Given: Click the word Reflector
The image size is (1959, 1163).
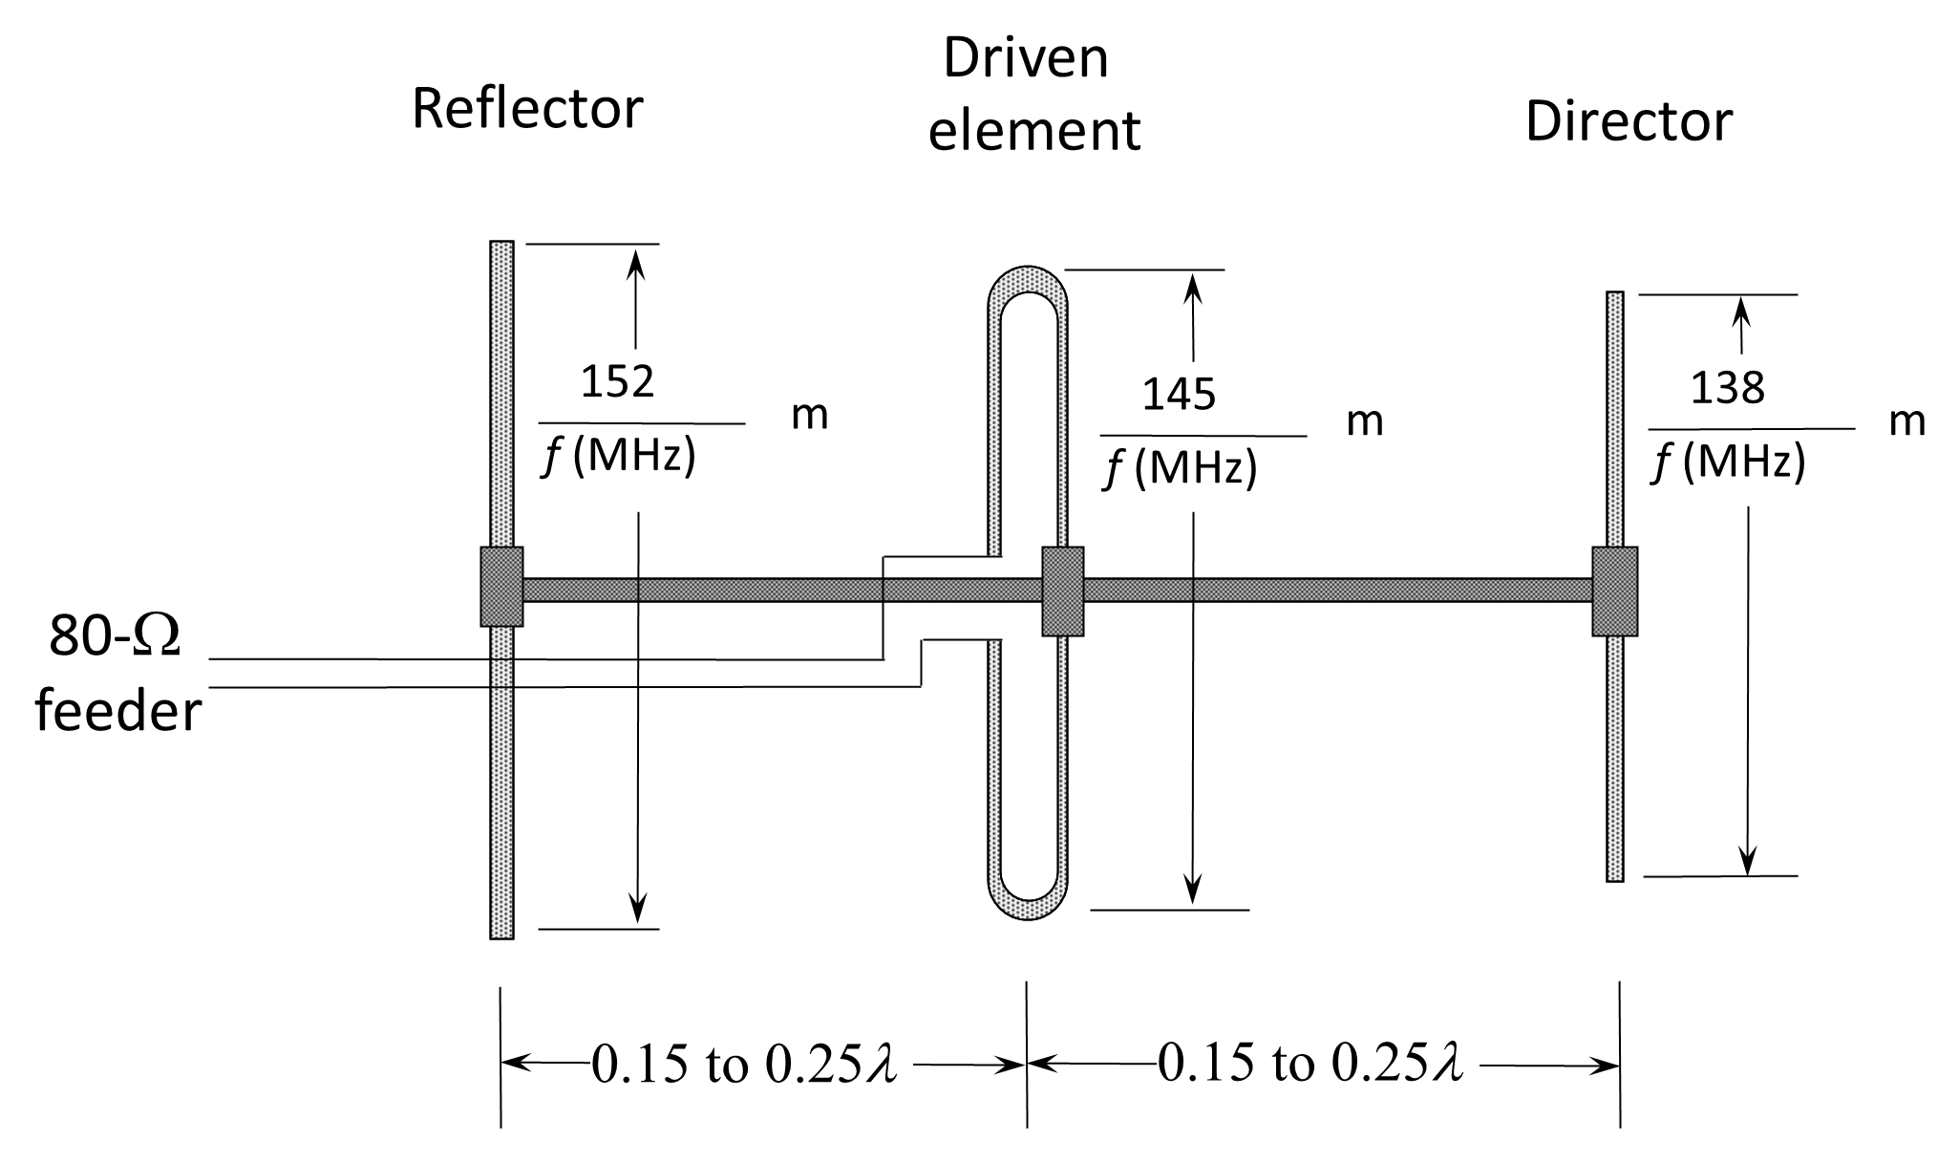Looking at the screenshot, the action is click(x=527, y=109).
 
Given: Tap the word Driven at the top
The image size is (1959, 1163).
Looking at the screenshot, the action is click(x=1026, y=58).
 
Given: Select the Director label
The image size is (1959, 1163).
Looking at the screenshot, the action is click(x=1629, y=121).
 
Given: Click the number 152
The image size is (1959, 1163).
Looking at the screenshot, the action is click(x=617, y=381).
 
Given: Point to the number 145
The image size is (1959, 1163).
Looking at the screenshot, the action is click(x=1179, y=394).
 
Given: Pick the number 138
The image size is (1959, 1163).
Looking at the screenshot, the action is click(x=1728, y=387).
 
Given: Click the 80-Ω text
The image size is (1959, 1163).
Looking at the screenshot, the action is click(x=115, y=636).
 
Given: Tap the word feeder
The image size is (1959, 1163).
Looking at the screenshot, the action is click(x=118, y=712).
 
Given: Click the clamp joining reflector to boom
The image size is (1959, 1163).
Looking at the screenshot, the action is click(x=501, y=587).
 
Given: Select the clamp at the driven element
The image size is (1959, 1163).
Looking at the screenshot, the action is click(x=1063, y=591).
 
